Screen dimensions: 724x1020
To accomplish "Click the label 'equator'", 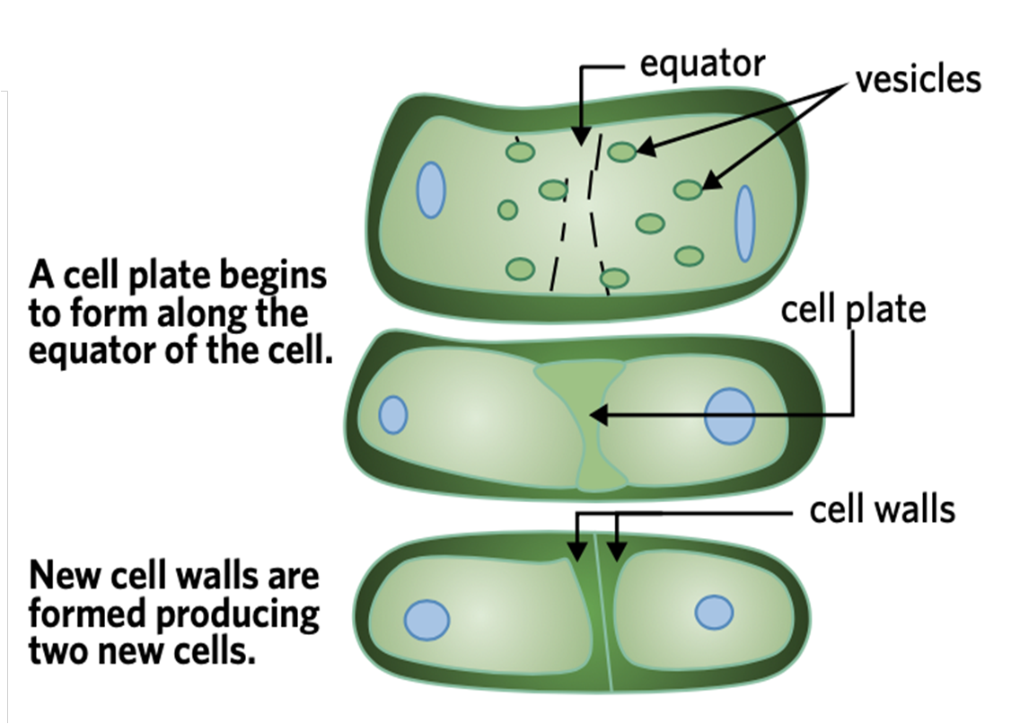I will click(702, 65).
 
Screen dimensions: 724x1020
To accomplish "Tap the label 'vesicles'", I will click(918, 79).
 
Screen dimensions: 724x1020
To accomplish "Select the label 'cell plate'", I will click(853, 310).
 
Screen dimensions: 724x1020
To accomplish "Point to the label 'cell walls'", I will click(882, 510).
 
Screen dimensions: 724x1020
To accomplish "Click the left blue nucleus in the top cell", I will click(431, 190).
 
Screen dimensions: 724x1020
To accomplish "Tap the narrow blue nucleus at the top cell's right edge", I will click(745, 223).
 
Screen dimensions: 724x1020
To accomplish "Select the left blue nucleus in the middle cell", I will click(392, 415).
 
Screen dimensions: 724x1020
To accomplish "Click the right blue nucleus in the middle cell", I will click(728, 417).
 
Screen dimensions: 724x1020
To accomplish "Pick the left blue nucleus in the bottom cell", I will click(426, 620).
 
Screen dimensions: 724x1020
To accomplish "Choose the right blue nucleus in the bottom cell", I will click(714, 613).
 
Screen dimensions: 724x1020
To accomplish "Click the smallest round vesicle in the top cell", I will click(507, 209).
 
